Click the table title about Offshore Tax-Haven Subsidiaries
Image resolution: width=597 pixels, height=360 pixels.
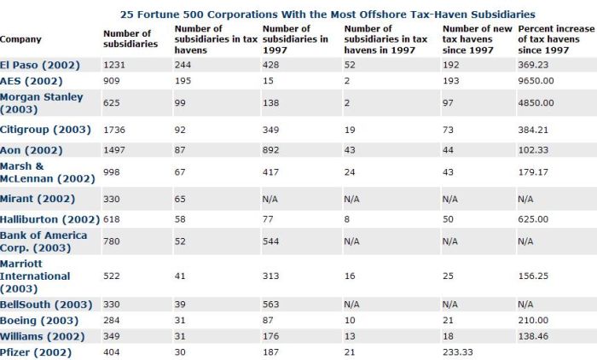327,15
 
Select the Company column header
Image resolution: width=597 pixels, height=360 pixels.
20,39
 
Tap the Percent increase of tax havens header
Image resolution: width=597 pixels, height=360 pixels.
556,39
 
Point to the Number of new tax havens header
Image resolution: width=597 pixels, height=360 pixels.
477,39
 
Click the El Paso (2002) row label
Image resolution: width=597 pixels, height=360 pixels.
40,65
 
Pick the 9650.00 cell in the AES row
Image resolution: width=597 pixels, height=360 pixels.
536,81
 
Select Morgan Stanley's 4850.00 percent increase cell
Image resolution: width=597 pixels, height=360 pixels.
536,103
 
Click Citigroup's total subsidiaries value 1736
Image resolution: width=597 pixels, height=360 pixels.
114,130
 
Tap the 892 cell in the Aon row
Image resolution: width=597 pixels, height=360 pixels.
270,150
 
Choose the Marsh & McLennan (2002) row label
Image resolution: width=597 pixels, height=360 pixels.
48,172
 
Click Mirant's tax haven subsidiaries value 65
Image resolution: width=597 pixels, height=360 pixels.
180,200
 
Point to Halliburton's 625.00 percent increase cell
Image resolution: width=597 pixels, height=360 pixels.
533,219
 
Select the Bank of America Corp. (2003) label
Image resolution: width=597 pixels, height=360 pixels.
43,241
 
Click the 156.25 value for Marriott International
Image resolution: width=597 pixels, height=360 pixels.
533,276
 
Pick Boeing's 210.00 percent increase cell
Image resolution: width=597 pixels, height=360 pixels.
533,321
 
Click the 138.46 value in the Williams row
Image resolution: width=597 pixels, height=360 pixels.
533,336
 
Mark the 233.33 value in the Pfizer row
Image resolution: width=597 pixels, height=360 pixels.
458,352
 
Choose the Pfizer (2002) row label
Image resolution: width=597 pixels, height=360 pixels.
36,353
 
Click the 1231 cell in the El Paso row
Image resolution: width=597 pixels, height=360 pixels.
114,65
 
